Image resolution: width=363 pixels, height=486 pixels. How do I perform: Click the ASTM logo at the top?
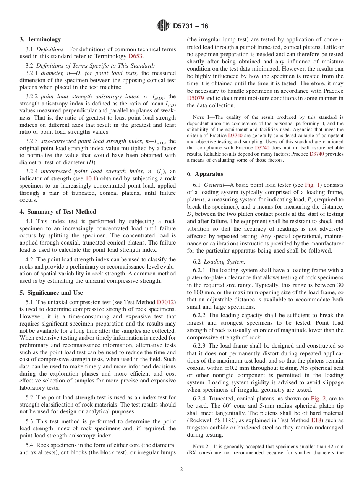click(x=163, y=26)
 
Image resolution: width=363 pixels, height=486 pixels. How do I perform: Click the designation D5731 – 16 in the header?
click(x=191, y=26)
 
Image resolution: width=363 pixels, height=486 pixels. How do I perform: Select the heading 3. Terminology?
click(x=40, y=39)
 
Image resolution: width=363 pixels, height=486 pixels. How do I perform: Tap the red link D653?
click(x=135, y=56)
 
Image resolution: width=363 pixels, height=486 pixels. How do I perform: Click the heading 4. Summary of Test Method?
click(x=58, y=212)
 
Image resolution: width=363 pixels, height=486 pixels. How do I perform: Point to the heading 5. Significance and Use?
click(x=51, y=293)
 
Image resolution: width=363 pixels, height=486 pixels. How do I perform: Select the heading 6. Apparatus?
click(x=205, y=174)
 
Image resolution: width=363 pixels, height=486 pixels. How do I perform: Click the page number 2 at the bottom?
click(x=181, y=470)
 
